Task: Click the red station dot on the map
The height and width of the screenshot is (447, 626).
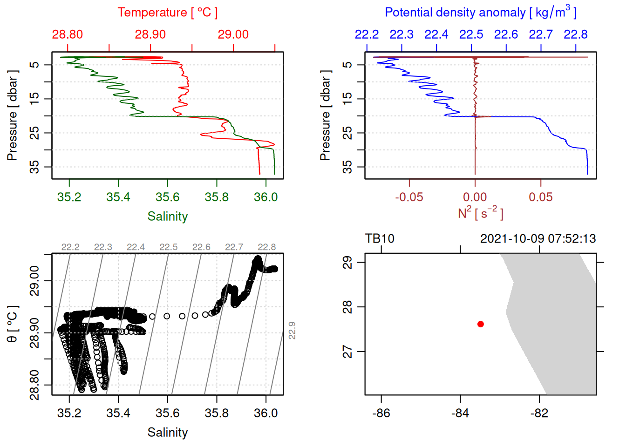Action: (x=480, y=324)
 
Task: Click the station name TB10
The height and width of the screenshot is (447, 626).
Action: (x=380, y=239)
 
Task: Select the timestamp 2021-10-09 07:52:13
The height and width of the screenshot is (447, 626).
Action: (x=538, y=239)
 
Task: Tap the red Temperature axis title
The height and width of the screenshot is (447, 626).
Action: (x=168, y=13)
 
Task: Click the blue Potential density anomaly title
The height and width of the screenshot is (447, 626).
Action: (x=480, y=12)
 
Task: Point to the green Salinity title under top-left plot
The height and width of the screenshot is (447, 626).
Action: (x=168, y=217)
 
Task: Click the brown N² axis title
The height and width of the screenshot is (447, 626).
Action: (x=480, y=213)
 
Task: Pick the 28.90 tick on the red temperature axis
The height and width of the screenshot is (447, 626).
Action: (x=150, y=34)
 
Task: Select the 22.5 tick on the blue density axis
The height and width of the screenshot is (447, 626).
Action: (x=471, y=34)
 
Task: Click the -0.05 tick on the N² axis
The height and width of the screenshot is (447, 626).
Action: (x=409, y=197)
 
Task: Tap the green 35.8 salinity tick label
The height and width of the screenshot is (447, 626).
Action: (x=217, y=197)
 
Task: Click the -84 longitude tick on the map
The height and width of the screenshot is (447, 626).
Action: (x=460, y=413)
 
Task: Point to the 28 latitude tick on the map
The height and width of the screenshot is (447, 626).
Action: (x=347, y=307)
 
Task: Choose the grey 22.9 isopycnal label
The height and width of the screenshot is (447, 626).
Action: (x=292, y=330)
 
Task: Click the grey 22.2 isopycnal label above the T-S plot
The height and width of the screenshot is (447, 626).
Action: (x=70, y=247)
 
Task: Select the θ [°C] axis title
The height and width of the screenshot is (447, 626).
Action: (x=13, y=324)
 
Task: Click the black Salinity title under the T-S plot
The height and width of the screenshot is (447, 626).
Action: (x=168, y=433)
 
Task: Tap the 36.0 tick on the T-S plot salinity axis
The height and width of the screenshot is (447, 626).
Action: (x=265, y=413)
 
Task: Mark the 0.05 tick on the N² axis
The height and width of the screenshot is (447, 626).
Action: (x=541, y=197)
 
